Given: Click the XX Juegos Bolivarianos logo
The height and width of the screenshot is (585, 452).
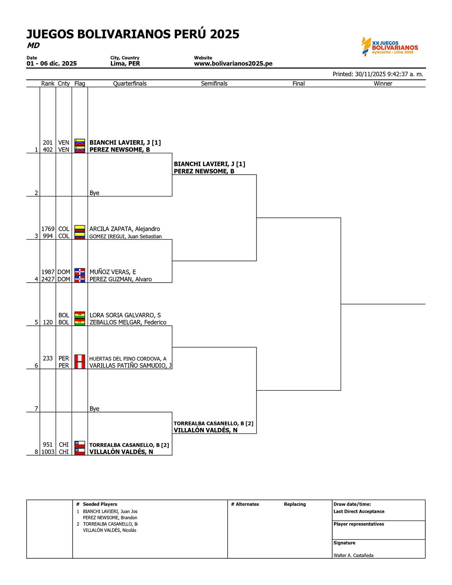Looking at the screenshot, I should tap(390, 46).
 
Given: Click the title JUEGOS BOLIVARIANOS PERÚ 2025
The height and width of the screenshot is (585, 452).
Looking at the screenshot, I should tap(133, 34).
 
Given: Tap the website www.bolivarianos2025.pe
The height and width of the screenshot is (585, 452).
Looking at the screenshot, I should tap(233, 64).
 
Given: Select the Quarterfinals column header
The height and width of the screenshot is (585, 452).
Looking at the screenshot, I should tap(130, 84).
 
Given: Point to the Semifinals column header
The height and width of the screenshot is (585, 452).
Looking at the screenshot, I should tap(214, 84).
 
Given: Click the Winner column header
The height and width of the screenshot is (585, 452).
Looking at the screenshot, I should tap(383, 84).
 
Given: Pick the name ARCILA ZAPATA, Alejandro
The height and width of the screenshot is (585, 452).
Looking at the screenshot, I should tap(125, 229).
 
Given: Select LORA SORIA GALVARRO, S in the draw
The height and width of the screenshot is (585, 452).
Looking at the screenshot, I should tap(125, 315).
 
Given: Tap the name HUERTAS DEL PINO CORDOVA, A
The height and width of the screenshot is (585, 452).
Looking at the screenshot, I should tap(128, 359).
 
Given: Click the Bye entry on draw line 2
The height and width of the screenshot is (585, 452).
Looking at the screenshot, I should tap(94, 193).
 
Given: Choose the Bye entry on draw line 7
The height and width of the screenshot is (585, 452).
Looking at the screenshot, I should tap(94, 409).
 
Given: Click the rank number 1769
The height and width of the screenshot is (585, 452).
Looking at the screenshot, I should tap(48, 229).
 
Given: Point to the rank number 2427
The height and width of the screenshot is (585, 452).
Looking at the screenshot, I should tap(48, 279).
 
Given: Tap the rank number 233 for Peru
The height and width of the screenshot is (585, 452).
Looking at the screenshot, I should tap(48, 358).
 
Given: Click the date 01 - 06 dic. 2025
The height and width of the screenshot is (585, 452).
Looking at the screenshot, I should tap(51, 64).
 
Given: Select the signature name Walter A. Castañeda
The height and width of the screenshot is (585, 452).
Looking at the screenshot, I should tap(353, 556).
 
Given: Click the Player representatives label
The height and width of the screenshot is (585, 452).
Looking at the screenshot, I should tap(359, 524).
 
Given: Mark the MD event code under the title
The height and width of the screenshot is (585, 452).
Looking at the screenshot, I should tap(33, 46).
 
